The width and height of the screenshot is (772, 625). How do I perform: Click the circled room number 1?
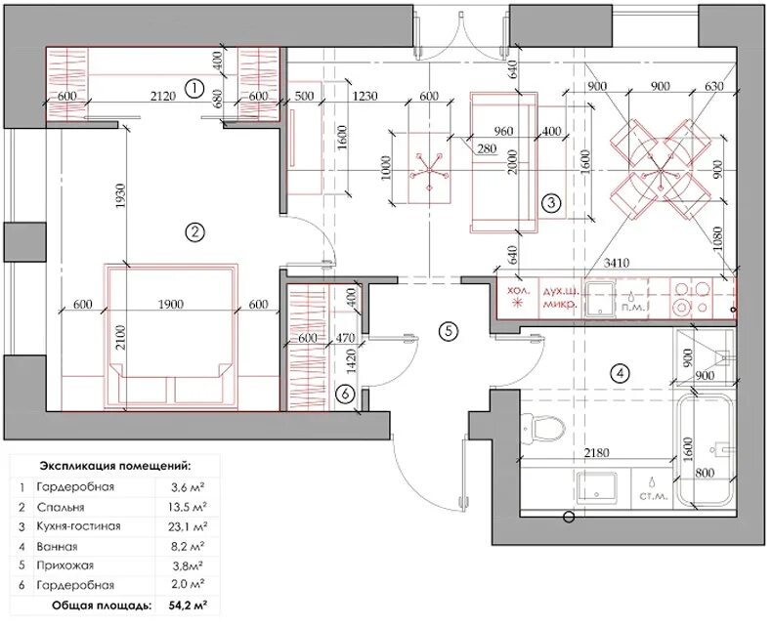coord(194,89)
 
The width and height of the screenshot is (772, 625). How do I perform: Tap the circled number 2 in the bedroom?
coord(195,231)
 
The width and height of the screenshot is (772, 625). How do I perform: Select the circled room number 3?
coord(551,202)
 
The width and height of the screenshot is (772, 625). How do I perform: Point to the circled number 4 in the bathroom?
coord(620,373)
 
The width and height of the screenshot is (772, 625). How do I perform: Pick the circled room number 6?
coord(345,394)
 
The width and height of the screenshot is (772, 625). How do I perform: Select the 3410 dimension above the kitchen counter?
coord(617,263)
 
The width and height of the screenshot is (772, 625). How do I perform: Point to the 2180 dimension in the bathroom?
coord(597,452)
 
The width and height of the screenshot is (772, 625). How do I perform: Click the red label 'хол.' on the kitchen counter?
coord(520,290)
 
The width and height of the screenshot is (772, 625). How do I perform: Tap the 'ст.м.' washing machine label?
coord(654,496)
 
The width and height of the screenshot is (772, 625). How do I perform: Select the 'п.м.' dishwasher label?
coord(631,307)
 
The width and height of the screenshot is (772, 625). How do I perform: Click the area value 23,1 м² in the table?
coord(188,526)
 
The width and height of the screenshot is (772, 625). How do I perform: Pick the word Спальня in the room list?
coord(60,507)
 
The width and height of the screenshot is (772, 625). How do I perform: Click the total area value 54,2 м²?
coord(188,604)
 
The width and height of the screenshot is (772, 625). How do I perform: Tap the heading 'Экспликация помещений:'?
coord(116,466)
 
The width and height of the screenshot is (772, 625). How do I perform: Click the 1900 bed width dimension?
coord(171,304)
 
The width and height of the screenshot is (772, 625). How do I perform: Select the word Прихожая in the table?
coord(64,565)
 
